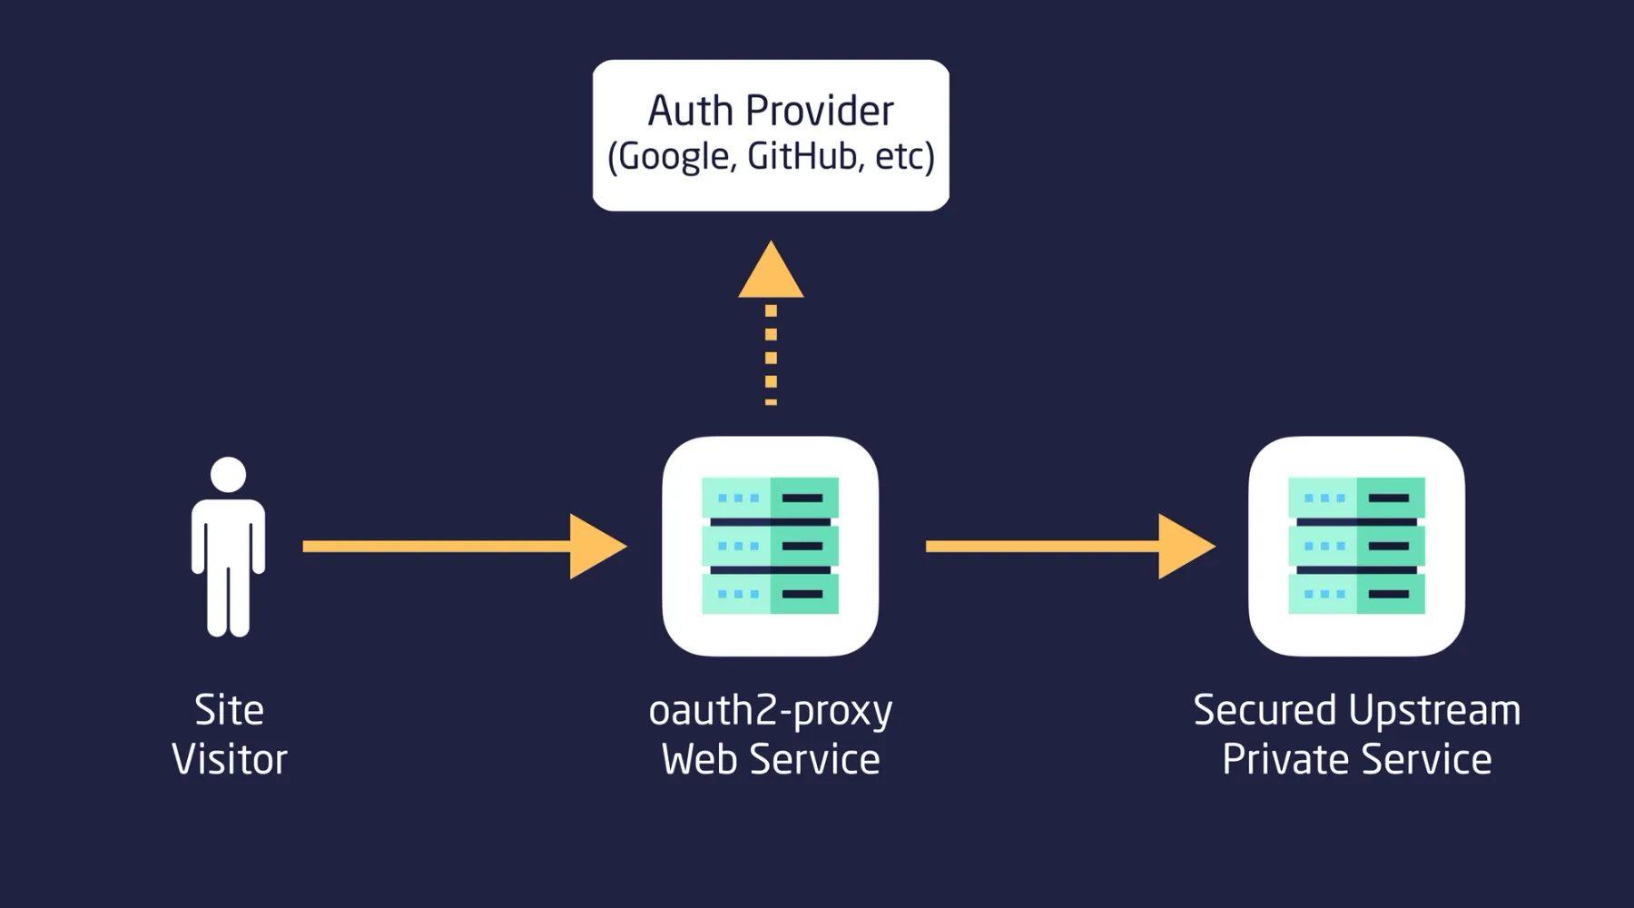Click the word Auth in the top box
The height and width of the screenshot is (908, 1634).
pos(689,111)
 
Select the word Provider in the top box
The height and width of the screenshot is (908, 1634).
pos(820,111)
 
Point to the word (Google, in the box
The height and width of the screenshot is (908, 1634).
pos(671,157)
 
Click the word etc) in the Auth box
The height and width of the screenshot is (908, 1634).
pos(904,156)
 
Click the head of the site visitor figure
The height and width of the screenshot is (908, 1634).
pos(228,474)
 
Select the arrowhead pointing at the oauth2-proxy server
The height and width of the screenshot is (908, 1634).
pos(595,546)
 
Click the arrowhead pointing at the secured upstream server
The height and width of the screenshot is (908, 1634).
pos(1183,546)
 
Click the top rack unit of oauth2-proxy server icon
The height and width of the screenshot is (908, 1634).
pos(770,498)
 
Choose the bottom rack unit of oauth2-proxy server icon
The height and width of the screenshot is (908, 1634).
pos(770,594)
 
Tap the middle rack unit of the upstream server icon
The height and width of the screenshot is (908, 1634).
pos(1356,546)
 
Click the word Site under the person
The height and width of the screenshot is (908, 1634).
pos(229,710)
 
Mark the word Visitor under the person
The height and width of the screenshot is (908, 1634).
pos(229,759)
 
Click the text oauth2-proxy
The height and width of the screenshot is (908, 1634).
pos(770,711)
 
